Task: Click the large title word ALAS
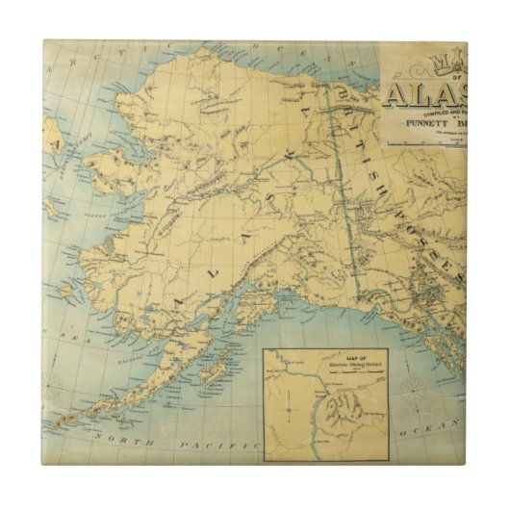(424, 94)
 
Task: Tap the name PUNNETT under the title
(417, 121)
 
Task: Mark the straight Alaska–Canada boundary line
(346, 192)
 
